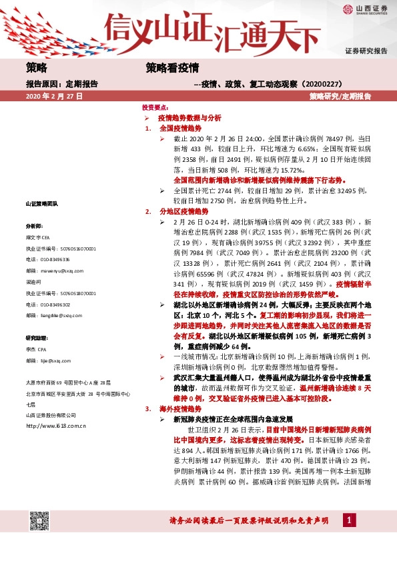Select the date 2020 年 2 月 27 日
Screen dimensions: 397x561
[54, 97]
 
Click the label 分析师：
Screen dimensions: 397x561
[34, 226]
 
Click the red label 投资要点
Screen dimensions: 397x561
[155, 107]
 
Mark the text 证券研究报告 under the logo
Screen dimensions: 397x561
[366, 51]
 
